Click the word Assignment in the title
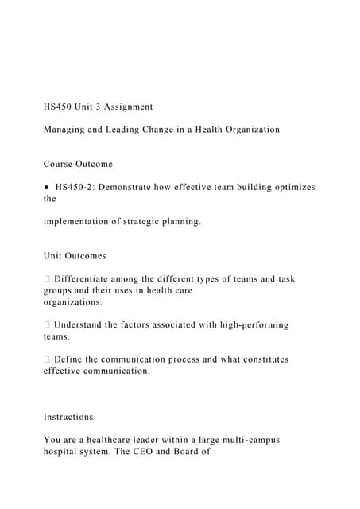pyautogui.click(x=126, y=107)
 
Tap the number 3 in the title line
pyautogui.click(x=95, y=107)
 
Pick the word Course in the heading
pyautogui.click(x=60, y=164)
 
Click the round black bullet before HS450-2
pyautogui.click(x=47, y=187)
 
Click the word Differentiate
pyautogui.click(x=91, y=279)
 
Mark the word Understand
pyautogui.click(x=86, y=324)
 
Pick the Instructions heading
pyautogui.click(x=68, y=417)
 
